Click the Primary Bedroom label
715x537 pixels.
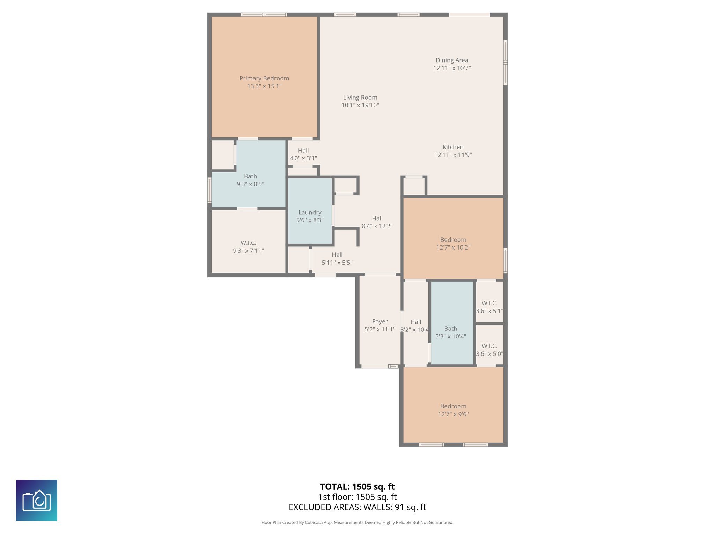point(264,78)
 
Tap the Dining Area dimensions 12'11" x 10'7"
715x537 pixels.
point(452,68)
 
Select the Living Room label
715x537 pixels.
point(360,98)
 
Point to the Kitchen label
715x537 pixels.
point(453,147)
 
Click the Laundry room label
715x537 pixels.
point(310,213)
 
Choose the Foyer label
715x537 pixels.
point(380,321)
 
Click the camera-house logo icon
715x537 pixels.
point(37,500)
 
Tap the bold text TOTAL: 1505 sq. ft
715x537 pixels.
point(357,487)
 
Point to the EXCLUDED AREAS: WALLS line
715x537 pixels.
point(357,507)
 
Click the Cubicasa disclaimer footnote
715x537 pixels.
point(357,522)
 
